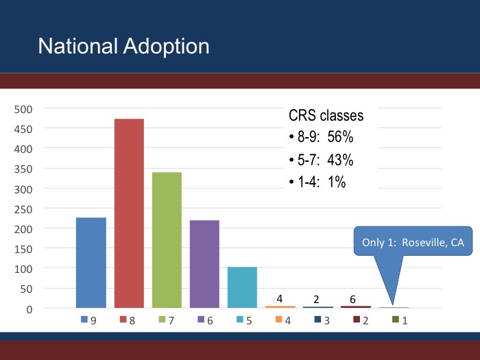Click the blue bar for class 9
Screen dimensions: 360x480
[x=91, y=263]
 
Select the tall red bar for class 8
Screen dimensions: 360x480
[x=129, y=213]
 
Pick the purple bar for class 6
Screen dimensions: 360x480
[x=204, y=264]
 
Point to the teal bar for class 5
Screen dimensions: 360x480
[x=242, y=287]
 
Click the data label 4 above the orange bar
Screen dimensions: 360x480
[x=280, y=298]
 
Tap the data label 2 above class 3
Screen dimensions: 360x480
[x=317, y=299]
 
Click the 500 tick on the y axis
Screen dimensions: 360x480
[x=23, y=108]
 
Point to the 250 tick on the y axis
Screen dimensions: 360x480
[x=23, y=208]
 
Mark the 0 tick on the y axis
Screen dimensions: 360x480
[x=29, y=309]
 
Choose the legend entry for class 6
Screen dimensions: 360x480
[x=205, y=320]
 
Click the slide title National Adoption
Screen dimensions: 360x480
[x=123, y=46]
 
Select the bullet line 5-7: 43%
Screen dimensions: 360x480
[x=321, y=160]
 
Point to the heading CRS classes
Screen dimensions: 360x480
[x=326, y=116]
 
